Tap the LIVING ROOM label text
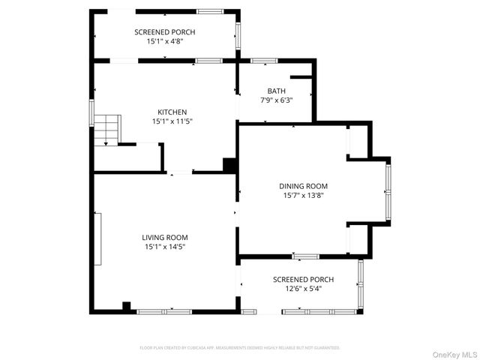tap(165, 237)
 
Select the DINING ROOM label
tap(304, 186)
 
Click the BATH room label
tap(276, 91)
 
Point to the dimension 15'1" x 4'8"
tap(164, 41)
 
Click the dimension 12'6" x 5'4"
tap(304, 289)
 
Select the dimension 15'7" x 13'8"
tap(304, 195)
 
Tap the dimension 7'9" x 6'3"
tap(276, 100)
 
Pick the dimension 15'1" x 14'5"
tap(165, 246)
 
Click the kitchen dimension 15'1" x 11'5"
tap(172, 121)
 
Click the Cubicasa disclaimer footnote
tap(240, 348)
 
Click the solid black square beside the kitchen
tap(230, 166)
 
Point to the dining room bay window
tap(388, 192)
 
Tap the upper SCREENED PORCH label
tap(164, 32)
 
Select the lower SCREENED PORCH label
tap(304, 280)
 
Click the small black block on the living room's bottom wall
tap(127, 306)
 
